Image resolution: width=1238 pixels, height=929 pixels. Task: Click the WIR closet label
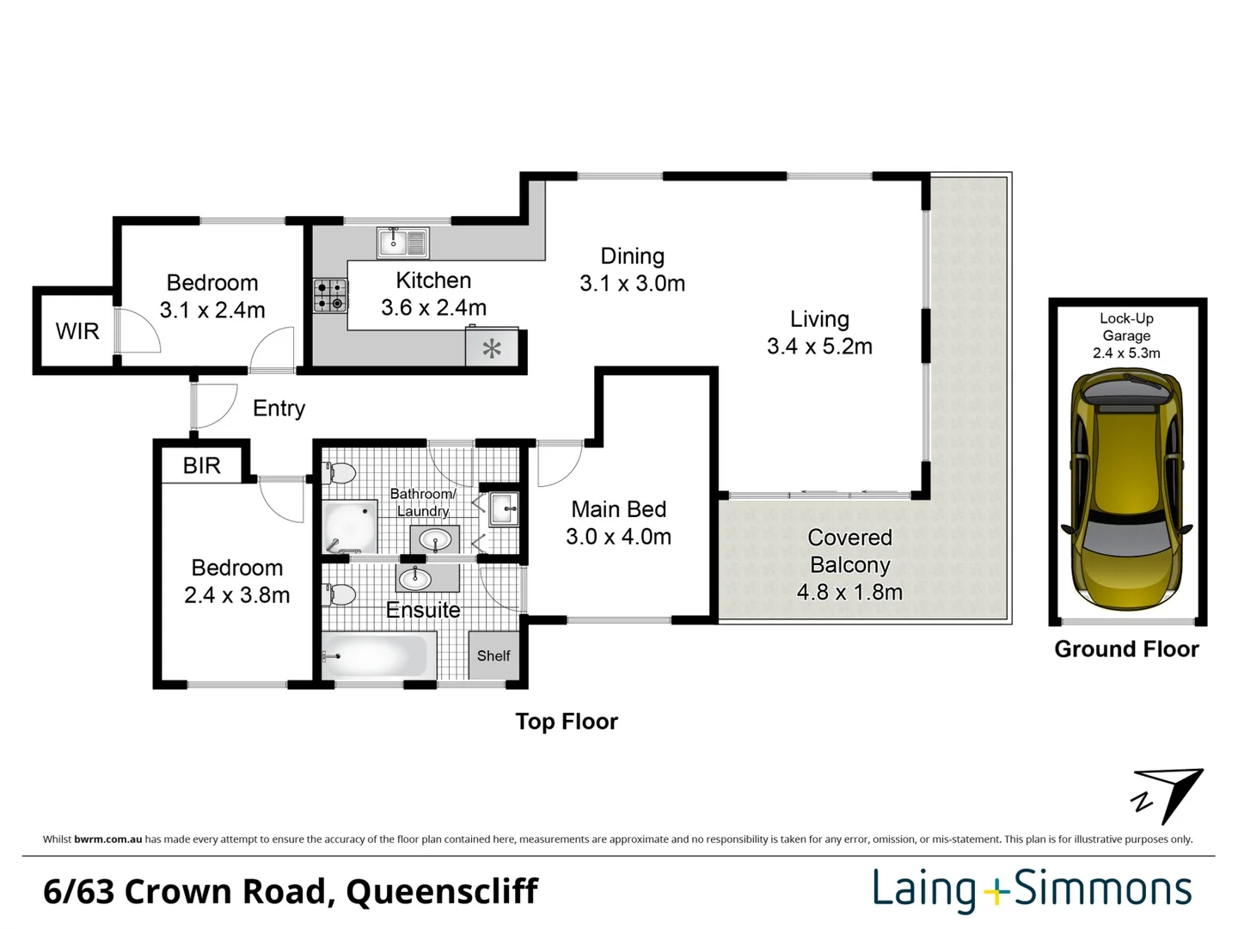coord(77,331)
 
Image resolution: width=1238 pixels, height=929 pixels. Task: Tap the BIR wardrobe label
coord(202,465)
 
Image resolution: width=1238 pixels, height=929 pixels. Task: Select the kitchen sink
coord(402,243)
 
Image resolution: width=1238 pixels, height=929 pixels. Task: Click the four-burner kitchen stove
coord(330,295)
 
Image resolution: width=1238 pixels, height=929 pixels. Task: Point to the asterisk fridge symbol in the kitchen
coord(492,348)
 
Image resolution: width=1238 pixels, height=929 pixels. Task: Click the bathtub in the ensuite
coord(376,655)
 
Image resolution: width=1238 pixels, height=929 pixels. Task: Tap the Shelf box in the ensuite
coord(493,655)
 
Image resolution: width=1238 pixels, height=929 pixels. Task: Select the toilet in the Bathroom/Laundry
coord(340,473)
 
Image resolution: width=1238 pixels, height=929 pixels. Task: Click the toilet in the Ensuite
coord(340,594)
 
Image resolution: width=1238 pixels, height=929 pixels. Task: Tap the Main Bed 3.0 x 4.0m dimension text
coord(618,537)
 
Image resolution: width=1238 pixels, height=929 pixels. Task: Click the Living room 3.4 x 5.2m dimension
coord(819,347)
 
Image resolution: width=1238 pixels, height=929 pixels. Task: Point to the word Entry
coord(279,408)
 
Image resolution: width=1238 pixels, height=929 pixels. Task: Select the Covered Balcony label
coord(849,551)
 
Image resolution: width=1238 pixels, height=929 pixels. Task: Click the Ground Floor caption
coord(1126,649)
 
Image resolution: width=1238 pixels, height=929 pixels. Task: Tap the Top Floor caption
coord(567,722)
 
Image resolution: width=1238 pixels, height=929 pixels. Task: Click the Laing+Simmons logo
coord(1032,889)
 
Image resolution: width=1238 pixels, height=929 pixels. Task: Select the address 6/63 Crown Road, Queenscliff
coord(291,891)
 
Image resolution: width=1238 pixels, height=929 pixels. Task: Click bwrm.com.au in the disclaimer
coord(107,840)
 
